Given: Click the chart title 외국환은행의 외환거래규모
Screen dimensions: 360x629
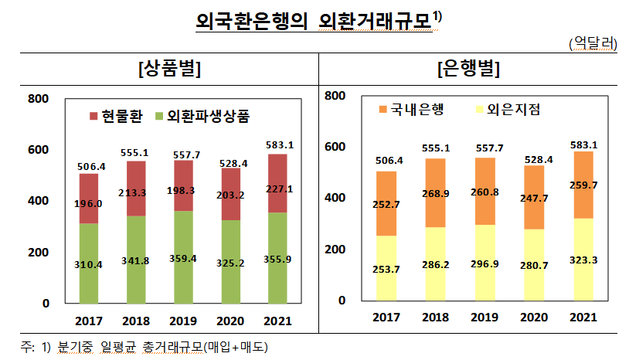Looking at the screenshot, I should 313,22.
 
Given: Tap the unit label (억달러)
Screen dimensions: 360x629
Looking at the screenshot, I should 592,44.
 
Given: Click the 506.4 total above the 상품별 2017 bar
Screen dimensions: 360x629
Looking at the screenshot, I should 90,165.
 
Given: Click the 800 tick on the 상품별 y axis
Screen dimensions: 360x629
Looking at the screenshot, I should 38,98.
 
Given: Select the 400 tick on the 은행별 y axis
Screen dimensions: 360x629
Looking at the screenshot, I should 335,198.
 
